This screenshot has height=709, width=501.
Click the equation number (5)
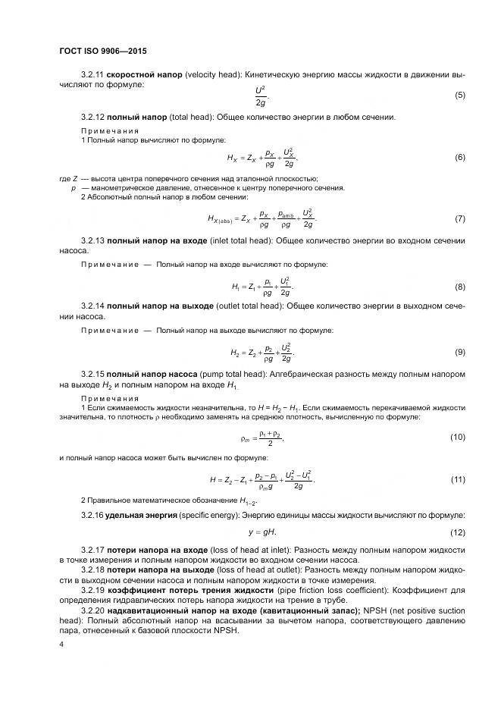(459, 96)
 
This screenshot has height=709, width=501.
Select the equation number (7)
(459, 219)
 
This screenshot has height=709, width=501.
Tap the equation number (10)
(457, 438)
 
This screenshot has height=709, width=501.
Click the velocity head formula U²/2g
(261, 96)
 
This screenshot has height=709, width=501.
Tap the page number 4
(61, 644)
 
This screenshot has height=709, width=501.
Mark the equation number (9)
(459, 353)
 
